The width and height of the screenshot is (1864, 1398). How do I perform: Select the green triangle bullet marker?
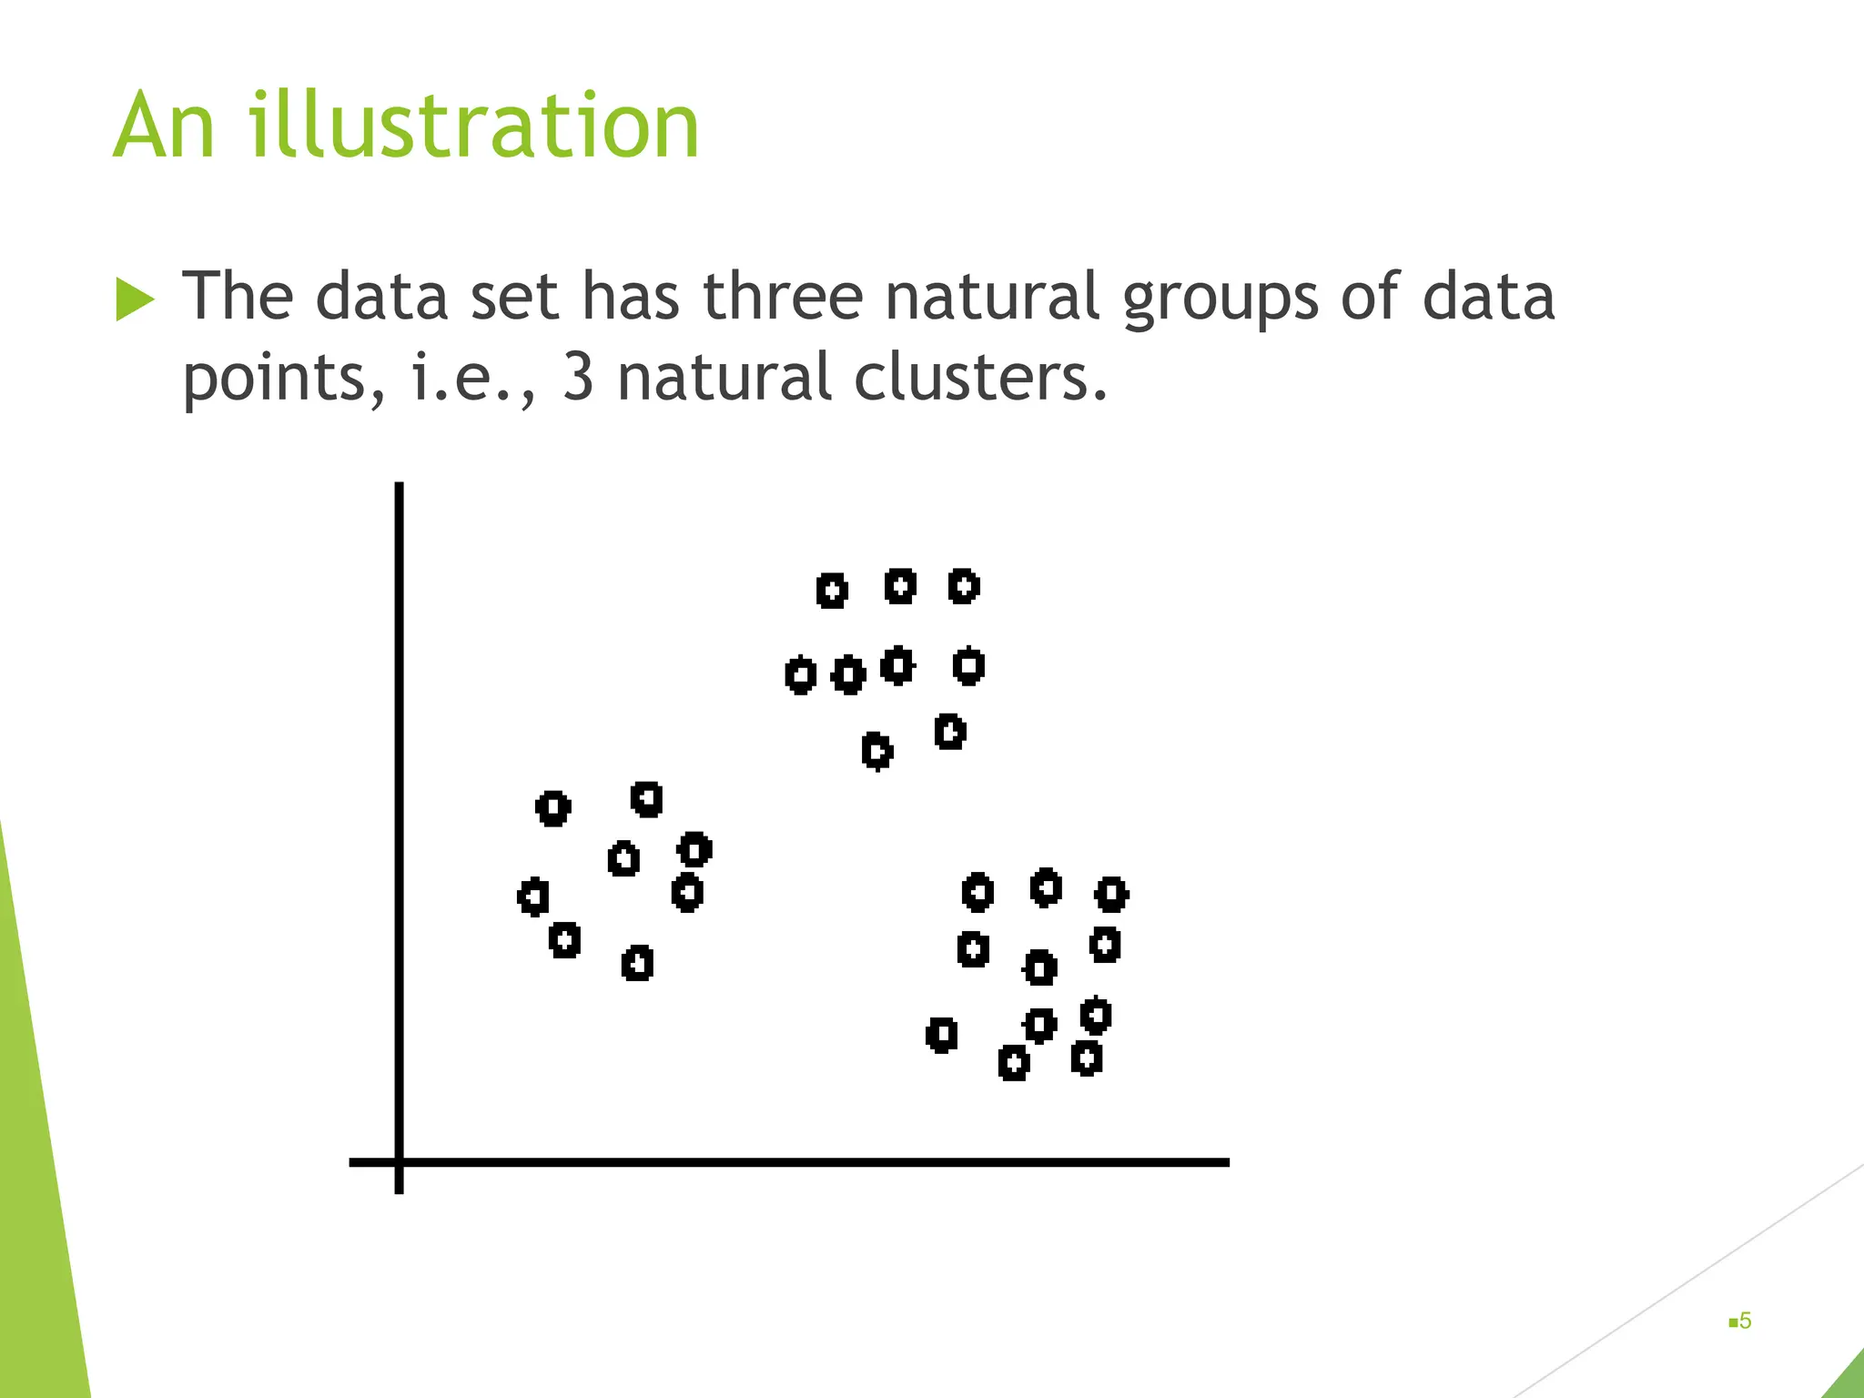[136, 299]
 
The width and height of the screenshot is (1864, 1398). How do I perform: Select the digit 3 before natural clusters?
[579, 377]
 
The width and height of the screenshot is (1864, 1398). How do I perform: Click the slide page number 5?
[1745, 1321]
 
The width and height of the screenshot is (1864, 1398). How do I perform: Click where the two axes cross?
[399, 1162]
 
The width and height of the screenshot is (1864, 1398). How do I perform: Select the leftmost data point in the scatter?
[533, 897]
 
